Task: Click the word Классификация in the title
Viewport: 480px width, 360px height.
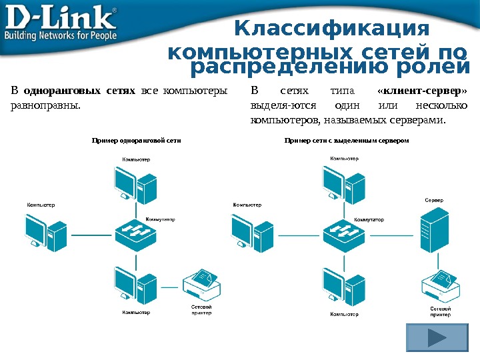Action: [333, 30]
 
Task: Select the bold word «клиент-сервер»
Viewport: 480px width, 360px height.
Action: [422, 91]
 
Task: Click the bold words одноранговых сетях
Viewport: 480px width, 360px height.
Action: [79, 91]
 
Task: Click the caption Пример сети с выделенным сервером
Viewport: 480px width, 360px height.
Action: [346, 141]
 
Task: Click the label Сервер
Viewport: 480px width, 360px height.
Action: [434, 200]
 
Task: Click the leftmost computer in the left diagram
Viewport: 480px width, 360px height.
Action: [46, 231]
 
